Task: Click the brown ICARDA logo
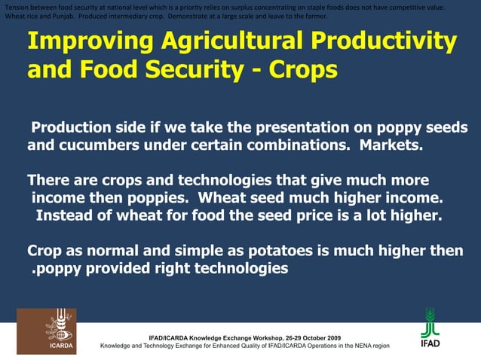[46, 331]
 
